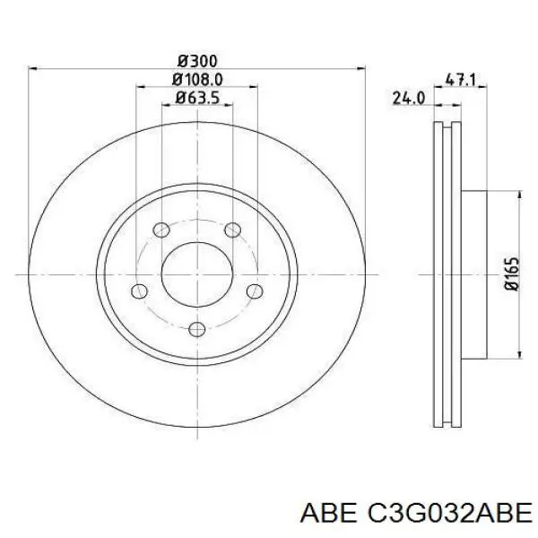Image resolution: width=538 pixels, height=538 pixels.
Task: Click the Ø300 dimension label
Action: pyautogui.click(x=197, y=61)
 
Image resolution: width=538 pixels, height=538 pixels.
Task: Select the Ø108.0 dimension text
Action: pyautogui.click(x=197, y=80)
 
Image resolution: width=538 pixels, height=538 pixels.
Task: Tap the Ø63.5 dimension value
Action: pyautogui.click(x=197, y=98)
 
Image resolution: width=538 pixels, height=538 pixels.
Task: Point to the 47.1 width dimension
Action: pyautogui.click(x=460, y=80)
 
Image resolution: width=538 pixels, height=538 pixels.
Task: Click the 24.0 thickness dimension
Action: pyautogui.click(x=408, y=98)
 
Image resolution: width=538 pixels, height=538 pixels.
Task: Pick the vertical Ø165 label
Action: pyautogui.click(x=512, y=274)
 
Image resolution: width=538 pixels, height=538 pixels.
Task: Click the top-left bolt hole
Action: pyautogui.click(x=161, y=230)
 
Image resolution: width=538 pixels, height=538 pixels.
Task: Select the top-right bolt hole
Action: pyautogui.click(x=232, y=230)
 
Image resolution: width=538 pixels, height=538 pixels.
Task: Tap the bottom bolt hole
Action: pyautogui.click(x=197, y=329)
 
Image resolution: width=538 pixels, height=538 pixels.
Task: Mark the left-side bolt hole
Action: pyautogui.click(x=139, y=291)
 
